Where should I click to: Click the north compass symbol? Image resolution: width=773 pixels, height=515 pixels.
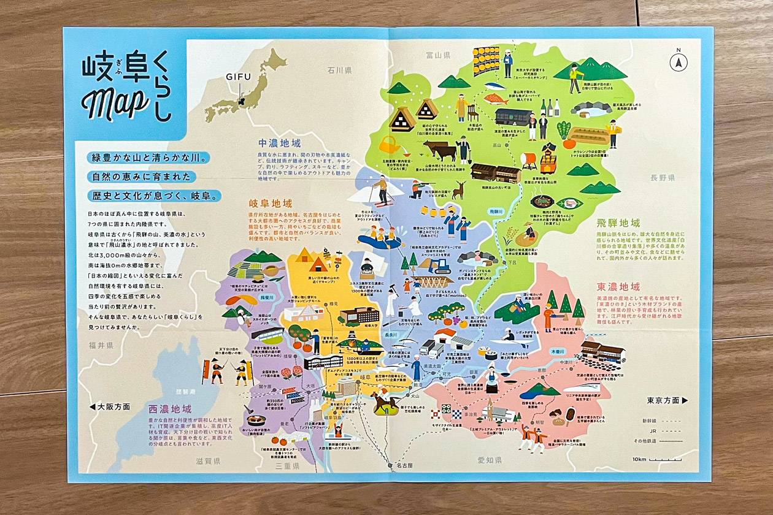[679, 61]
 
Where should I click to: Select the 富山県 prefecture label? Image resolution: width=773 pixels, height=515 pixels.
[438, 55]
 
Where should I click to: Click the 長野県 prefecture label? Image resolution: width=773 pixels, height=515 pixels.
[663, 178]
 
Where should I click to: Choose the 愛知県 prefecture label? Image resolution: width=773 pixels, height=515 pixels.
[490, 460]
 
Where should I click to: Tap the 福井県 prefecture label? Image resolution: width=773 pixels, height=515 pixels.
[101, 346]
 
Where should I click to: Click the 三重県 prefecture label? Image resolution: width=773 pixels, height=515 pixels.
[287, 467]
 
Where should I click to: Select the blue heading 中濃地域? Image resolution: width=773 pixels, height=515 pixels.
[279, 142]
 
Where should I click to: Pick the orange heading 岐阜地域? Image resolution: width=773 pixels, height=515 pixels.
[270, 203]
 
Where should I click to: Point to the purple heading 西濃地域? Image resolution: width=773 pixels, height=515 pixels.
[169, 408]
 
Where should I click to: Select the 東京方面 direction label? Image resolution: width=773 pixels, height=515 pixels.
[667, 400]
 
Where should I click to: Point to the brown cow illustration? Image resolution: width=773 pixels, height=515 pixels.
[439, 150]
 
